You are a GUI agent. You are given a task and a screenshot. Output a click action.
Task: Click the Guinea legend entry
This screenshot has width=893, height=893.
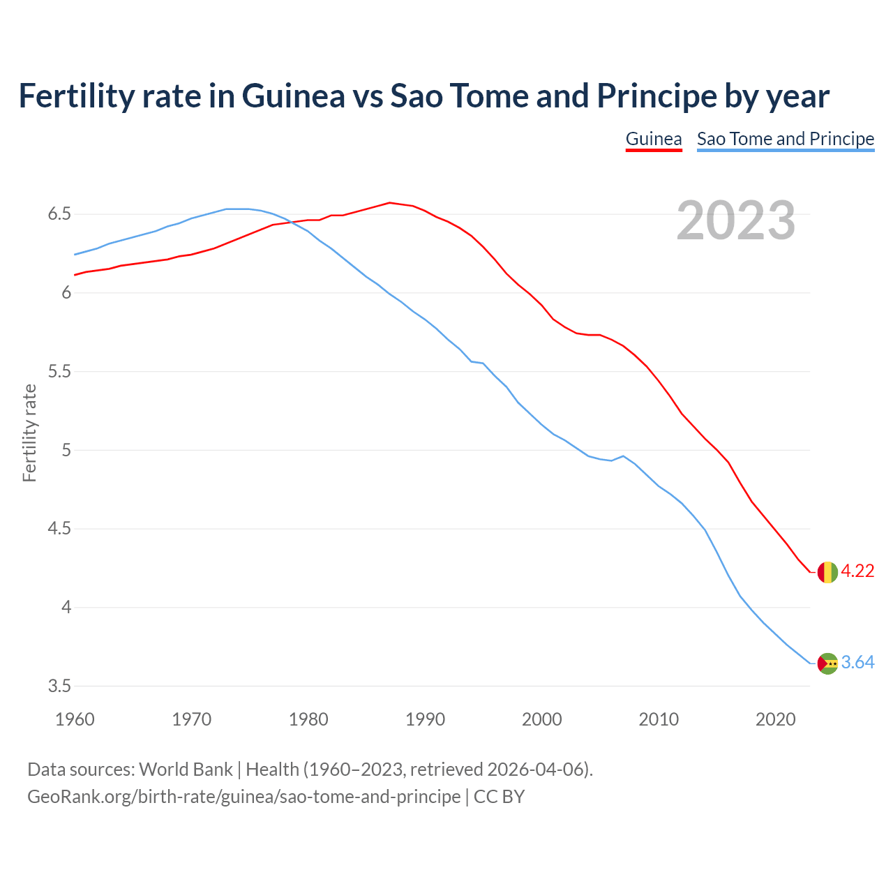(x=654, y=139)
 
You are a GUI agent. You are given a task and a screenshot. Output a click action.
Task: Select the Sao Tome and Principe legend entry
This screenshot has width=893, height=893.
(x=786, y=139)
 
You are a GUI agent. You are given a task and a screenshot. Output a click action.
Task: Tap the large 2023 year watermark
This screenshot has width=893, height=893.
(x=736, y=220)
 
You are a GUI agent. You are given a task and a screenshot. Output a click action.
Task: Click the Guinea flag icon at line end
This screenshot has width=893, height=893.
(x=827, y=571)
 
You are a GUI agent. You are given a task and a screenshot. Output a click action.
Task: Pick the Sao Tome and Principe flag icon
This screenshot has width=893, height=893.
(x=827, y=663)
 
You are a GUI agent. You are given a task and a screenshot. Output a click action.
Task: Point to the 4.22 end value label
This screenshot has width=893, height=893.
(x=857, y=571)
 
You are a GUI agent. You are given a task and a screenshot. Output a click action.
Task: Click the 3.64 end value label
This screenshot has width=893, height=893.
(x=857, y=663)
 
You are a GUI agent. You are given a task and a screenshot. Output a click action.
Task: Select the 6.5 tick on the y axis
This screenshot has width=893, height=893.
(x=59, y=214)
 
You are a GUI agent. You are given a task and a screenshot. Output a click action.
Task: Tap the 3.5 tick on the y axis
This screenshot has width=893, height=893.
(x=59, y=686)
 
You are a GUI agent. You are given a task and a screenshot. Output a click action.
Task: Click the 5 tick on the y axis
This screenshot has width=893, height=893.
(x=66, y=451)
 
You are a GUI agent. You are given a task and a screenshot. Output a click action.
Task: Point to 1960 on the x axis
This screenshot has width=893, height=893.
(x=75, y=719)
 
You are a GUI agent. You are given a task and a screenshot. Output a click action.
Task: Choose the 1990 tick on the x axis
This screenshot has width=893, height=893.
(x=425, y=719)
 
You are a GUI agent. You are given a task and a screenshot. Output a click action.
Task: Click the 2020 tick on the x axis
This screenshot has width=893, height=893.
(x=775, y=719)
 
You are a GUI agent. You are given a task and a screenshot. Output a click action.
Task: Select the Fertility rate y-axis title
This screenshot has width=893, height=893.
(x=29, y=433)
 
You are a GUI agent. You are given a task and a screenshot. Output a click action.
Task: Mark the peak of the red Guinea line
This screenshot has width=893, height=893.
(x=390, y=203)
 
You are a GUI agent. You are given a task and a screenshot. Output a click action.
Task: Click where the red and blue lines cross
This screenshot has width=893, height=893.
(x=288, y=222)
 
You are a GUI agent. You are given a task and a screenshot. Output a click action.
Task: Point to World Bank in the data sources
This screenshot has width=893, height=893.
(x=186, y=770)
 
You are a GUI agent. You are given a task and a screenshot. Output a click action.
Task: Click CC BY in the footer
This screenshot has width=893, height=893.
(x=499, y=797)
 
